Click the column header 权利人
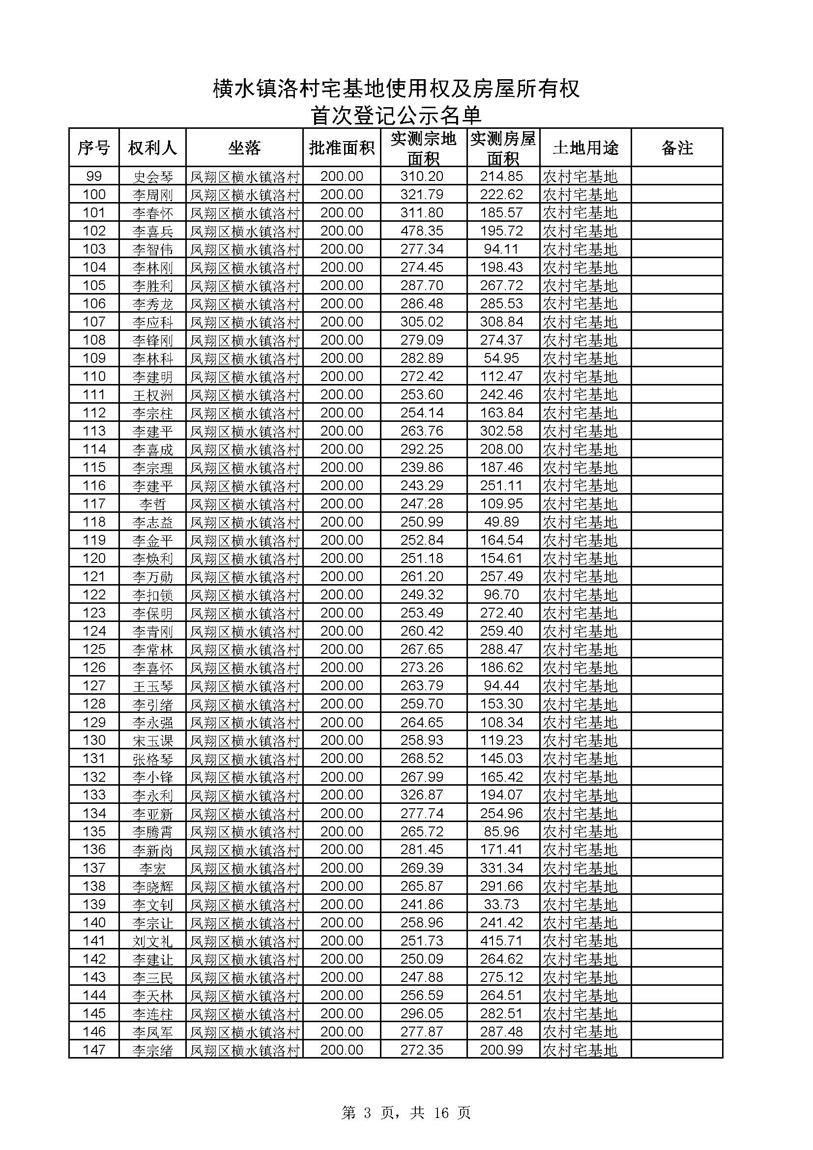(x=152, y=148)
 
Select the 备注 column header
(x=677, y=148)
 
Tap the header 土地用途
(x=585, y=148)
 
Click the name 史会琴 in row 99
(x=152, y=177)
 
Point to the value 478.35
(x=422, y=231)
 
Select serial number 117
(x=94, y=504)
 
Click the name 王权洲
(x=152, y=395)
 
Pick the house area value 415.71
(x=502, y=941)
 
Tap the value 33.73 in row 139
(x=502, y=904)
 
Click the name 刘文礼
(x=152, y=941)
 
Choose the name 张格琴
(x=152, y=759)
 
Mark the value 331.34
(x=502, y=868)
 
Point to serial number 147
(x=94, y=1050)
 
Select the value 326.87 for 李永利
(x=422, y=795)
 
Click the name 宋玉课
(x=152, y=740)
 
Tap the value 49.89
(x=502, y=522)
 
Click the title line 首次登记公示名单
(x=396, y=115)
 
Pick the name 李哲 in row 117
(x=152, y=504)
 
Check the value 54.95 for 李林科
(x=502, y=358)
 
